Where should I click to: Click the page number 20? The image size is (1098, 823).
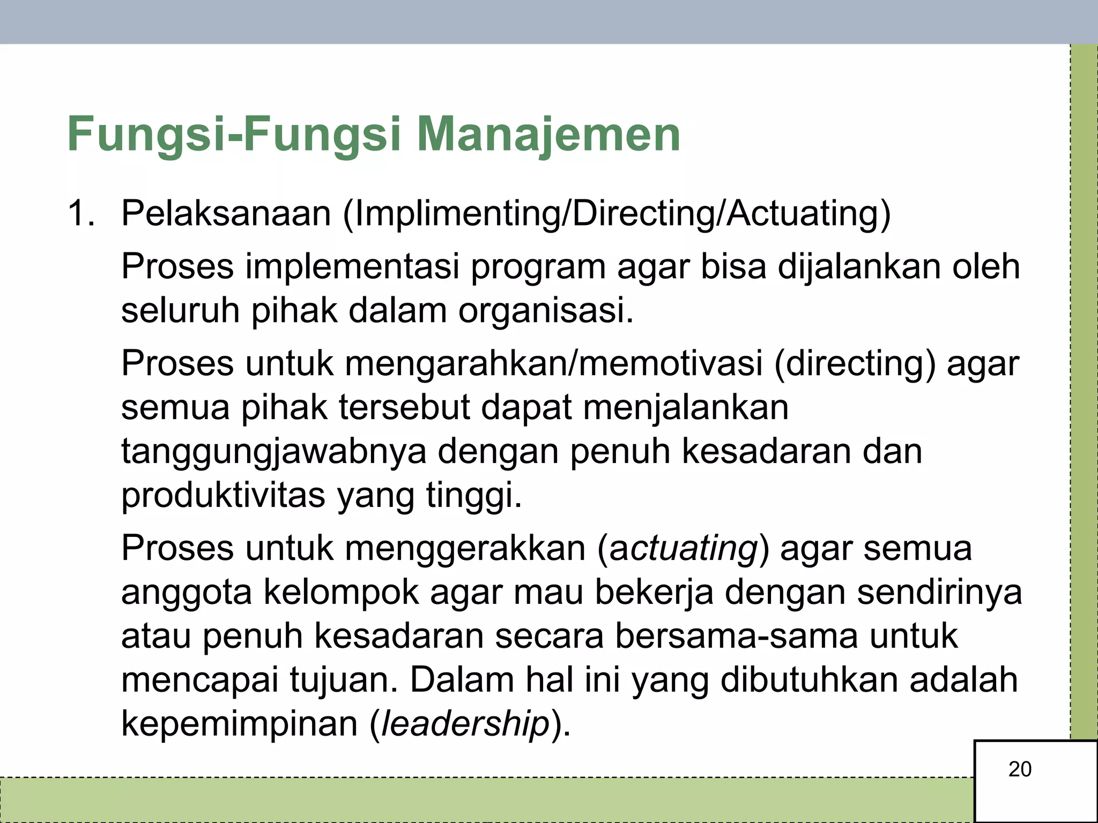[x=1020, y=769]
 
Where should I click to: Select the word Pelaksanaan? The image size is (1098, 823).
[x=226, y=213]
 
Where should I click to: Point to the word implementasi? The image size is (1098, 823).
[x=352, y=266]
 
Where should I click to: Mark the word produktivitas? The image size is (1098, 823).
[x=223, y=495]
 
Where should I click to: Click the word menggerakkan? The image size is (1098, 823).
[x=465, y=549]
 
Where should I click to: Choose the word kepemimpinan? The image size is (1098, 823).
[x=239, y=725]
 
